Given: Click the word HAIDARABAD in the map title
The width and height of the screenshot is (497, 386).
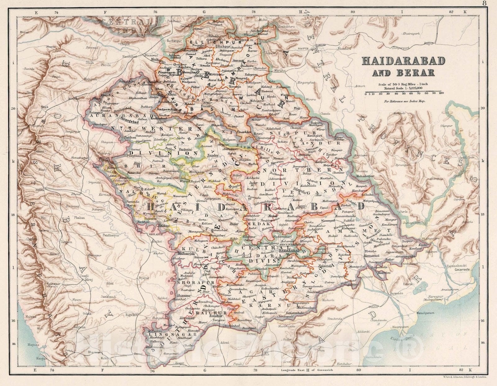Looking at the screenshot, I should [403, 61].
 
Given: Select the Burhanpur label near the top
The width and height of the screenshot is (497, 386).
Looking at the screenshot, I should [173, 41].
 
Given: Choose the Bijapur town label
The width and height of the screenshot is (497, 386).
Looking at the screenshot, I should [144, 278].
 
